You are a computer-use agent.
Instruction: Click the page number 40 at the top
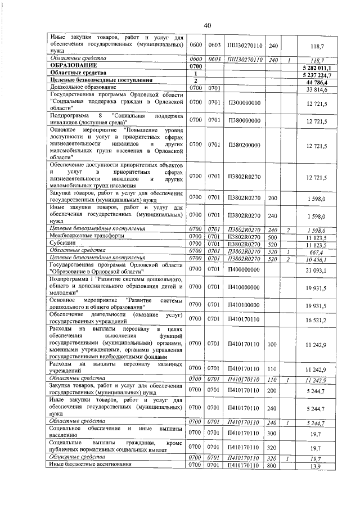tap(207, 25)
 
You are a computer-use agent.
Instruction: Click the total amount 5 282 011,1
tap(317, 67)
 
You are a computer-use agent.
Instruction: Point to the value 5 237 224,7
tap(317, 74)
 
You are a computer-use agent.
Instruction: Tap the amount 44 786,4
tap(318, 82)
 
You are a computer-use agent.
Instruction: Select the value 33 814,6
tap(317, 89)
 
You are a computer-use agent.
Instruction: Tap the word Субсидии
tap(64, 243)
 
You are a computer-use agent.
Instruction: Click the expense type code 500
tap(273, 237)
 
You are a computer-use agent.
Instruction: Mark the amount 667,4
tap(319, 251)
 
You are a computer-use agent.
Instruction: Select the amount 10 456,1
tap(317, 258)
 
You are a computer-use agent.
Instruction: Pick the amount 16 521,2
tap(317, 319)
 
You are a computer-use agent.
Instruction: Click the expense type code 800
tap(273, 466)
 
